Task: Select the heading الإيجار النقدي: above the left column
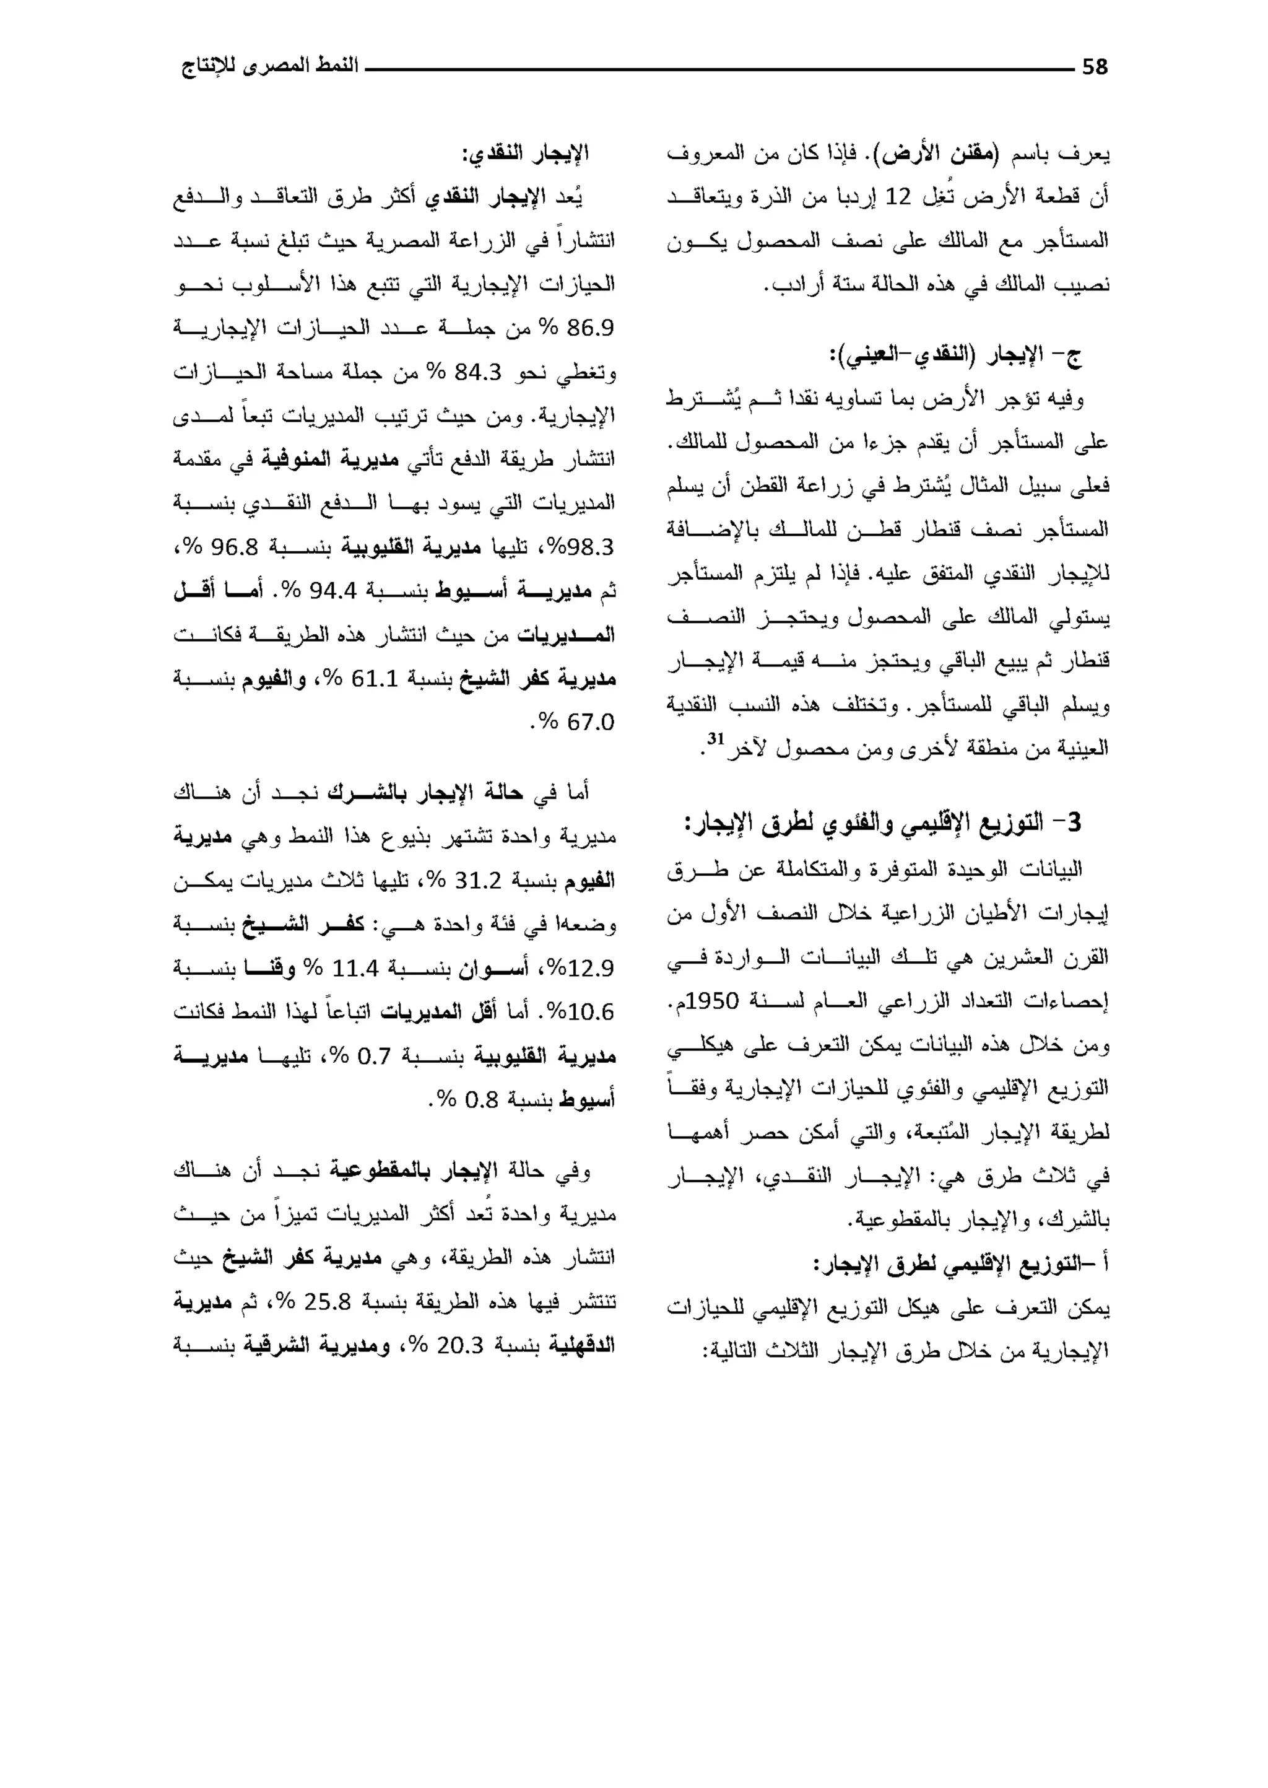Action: [x=526, y=153]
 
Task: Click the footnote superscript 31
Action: [x=716, y=738]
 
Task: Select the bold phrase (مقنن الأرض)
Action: [x=930, y=153]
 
